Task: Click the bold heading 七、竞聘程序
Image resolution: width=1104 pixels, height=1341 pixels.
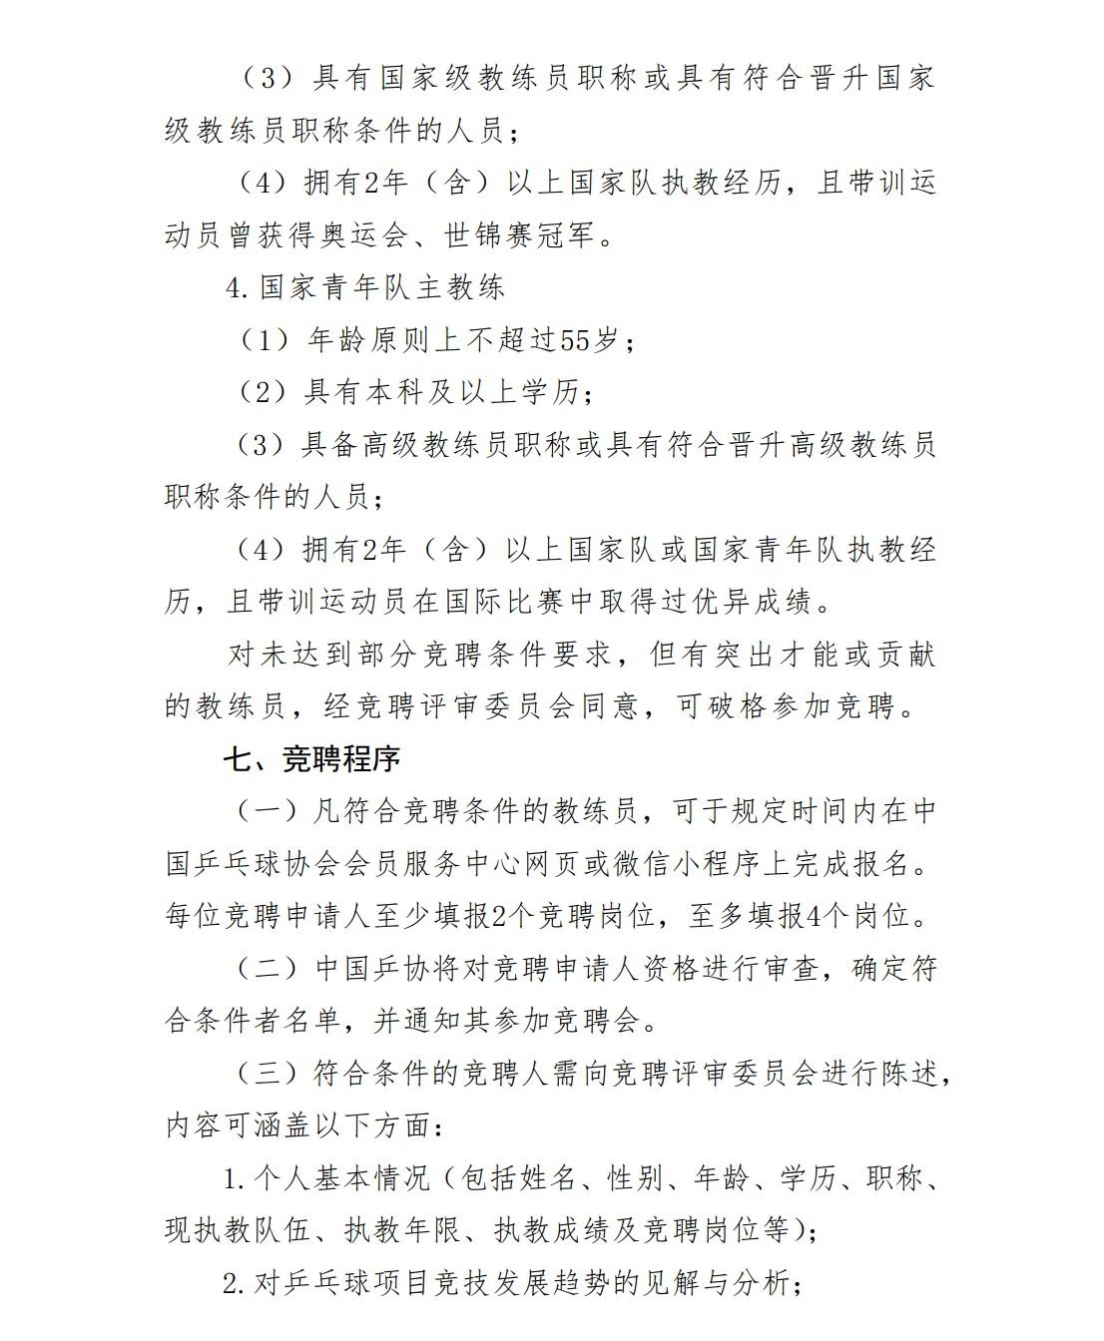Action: coord(311,759)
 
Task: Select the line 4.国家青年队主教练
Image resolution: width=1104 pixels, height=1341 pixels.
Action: coord(365,287)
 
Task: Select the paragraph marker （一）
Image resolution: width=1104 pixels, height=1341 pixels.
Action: coord(268,811)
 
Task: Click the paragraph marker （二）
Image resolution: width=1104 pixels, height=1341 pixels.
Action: coord(268,969)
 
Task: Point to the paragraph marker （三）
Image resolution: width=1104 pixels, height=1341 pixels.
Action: coord(268,1074)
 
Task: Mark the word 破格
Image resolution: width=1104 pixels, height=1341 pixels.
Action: coord(740,706)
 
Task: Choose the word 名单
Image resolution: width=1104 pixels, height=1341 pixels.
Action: coord(324,1021)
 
